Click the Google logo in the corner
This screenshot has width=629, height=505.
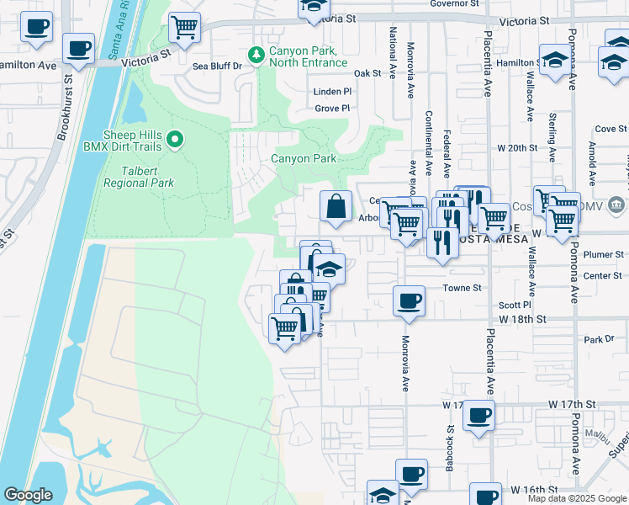[28, 495]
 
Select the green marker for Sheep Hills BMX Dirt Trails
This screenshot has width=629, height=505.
[175, 139]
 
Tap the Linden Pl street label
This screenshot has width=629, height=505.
[332, 91]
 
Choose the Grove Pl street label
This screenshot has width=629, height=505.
[332, 108]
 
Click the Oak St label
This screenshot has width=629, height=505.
[367, 74]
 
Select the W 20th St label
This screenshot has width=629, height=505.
[516, 147]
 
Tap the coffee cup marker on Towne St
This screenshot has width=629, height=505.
[410, 300]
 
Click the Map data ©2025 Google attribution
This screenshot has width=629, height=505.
[577, 498]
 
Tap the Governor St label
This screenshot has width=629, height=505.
[453, 3]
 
